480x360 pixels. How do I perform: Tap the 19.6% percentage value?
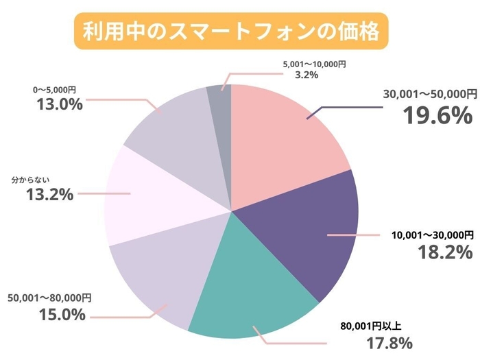(437, 115)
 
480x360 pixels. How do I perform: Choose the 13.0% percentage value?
(58, 104)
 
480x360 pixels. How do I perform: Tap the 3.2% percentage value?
(306, 75)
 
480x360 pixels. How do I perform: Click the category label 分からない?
(32, 180)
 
